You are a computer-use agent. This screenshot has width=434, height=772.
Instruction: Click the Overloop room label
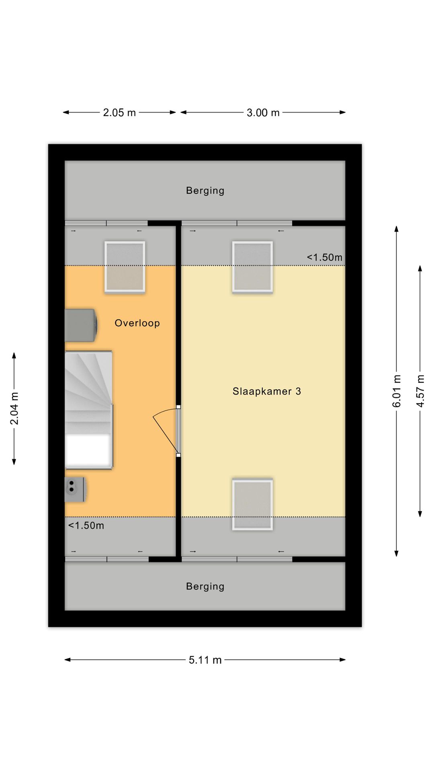tap(137, 323)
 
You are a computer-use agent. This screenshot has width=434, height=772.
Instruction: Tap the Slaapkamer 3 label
tap(267, 391)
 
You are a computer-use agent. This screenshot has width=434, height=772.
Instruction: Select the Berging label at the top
tap(205, 191)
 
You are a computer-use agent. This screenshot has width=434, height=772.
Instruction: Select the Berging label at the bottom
tap(205, 586)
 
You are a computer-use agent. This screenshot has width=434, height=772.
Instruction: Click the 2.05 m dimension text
tap(119, 113)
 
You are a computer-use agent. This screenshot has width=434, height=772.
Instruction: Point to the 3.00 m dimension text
tap(263, 113)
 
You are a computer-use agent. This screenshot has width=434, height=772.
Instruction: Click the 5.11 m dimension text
tap(205, 660)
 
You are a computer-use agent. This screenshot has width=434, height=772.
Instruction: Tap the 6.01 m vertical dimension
tap(397, 391)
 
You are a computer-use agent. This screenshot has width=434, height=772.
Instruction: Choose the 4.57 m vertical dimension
tap(420, 391)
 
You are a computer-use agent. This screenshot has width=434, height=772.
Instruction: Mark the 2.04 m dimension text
tap(14, 409)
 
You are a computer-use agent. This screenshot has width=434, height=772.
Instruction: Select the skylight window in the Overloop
tap(125, 267)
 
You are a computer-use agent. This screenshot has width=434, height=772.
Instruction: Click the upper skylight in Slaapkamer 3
tap(252, 267)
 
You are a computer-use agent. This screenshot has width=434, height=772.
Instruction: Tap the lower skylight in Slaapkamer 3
tap(252, 504)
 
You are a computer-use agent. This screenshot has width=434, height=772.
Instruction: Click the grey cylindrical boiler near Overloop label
tap(81, 325)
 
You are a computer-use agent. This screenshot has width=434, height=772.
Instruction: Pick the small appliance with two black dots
tap(75, 489)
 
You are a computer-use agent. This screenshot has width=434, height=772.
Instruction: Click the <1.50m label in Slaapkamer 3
tap(325, 257)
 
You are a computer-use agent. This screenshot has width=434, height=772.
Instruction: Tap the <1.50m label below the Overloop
tap(86, 526)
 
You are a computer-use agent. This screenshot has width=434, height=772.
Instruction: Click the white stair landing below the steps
tap(88, 450)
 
